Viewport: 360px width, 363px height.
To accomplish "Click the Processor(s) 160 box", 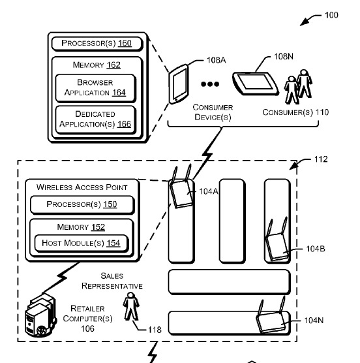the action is (x=97, y=44).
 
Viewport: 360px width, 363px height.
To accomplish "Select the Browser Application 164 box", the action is (x=95, y=88).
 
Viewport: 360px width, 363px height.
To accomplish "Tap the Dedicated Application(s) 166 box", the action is (x=95, y=119).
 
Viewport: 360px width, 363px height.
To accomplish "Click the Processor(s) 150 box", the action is (x=82, y=204).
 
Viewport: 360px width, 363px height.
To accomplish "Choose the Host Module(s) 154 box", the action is (x=82, y=244).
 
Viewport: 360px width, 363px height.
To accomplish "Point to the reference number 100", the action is (x=331, y=15).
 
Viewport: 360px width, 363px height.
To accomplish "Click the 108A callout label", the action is (x=216, y=60).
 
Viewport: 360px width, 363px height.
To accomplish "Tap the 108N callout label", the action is (x=284, y=57).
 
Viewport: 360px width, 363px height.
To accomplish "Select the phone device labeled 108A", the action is (x=178, y=84).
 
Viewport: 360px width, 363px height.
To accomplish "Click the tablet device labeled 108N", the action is (x=255, y=84).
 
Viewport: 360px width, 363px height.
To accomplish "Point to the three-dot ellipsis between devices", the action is (x=210, y=84).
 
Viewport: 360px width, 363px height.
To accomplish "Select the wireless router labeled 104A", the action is (x=181, y=187).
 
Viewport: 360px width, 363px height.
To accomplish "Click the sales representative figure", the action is (x=131, y=306).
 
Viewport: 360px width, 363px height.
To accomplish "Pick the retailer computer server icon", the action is (x=40, y=315).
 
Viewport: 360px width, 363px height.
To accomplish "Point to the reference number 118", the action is (x=155, y=330).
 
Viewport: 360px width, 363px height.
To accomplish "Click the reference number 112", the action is (x=321, y=159).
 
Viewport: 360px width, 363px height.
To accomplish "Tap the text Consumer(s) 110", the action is (x=295, y=112).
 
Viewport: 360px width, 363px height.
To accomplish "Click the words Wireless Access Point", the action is (x=82, y=187).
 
